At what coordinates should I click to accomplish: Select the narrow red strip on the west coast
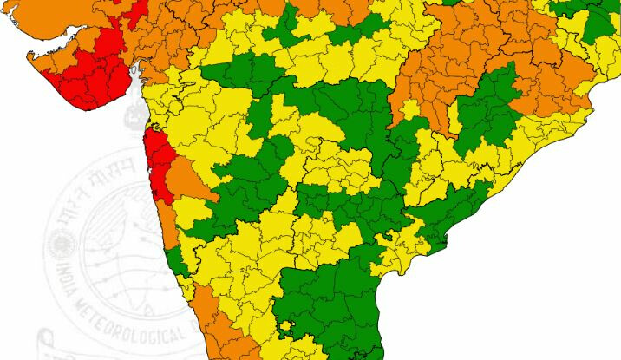click(x=159, y=160)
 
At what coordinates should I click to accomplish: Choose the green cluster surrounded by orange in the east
click(x=486, y=108)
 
